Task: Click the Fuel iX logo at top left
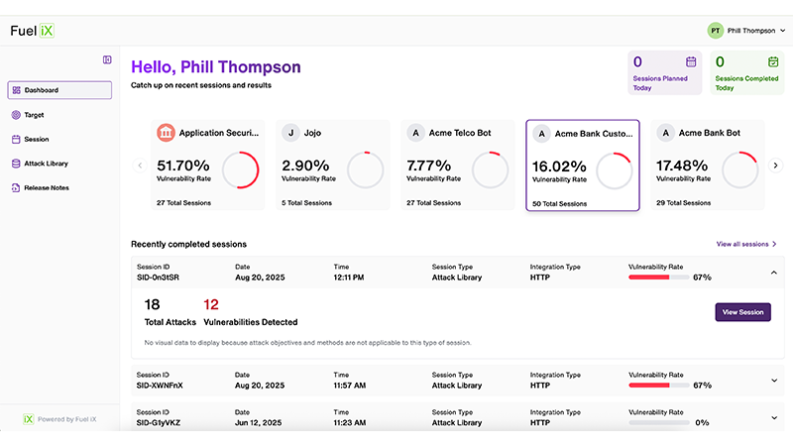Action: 33,31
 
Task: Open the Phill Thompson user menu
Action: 745,31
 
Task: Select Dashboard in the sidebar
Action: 59,90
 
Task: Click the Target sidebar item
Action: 34,115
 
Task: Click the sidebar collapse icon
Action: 107,59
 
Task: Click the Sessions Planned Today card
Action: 665,73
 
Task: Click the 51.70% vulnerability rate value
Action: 183,166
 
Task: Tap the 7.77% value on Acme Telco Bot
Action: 428,166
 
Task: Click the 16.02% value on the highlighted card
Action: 560,167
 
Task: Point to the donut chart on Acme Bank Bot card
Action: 738,170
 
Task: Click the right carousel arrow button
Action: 776,166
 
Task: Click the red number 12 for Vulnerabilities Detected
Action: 210,304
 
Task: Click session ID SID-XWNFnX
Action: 159,385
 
